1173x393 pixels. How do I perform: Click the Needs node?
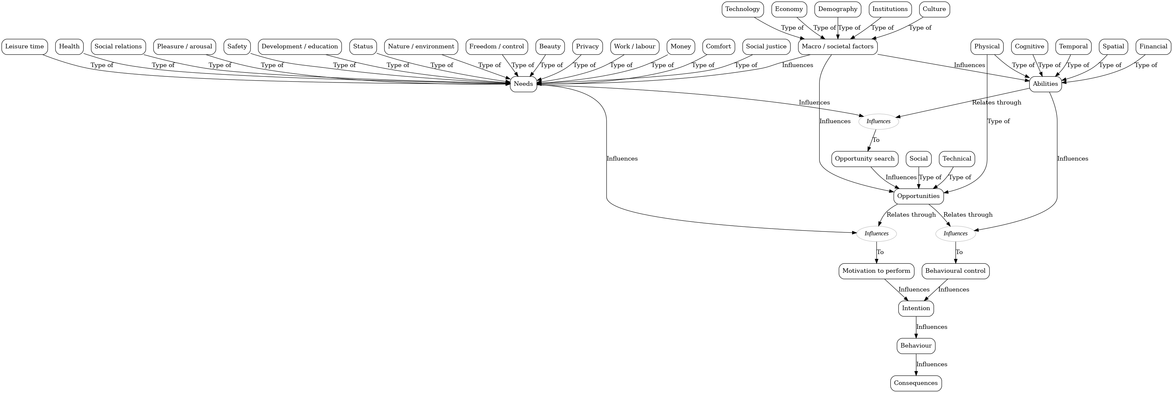tap(523, 84)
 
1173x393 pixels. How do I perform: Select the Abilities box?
tap(1045, 84)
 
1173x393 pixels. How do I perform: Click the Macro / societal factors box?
tap(837, 46)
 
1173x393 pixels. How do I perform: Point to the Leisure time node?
tap(25, 46)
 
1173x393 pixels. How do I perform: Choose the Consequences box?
tap(916, 383)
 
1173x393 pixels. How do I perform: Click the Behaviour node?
tap(916, 346)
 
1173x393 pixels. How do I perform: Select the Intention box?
tap(916, 308)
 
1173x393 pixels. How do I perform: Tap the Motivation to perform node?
tap(876, 271)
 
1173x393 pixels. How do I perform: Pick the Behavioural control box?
tap(955, 271)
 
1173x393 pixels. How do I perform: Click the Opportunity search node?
tap(865, 159)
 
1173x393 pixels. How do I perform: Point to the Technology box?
tap(742, 9)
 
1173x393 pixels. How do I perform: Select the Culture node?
tap(934, 9)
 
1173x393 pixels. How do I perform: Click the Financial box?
tap(1153, 46)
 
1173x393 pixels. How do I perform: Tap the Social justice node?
tap(766, 46)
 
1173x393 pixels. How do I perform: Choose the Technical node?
tap(957, 159)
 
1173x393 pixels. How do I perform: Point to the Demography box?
tap(837, 9)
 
